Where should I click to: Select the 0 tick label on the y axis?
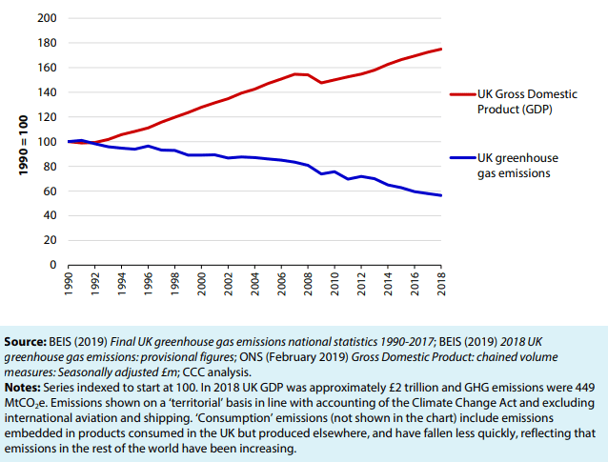click(54, 265)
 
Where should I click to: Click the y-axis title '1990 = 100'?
click(21, 142)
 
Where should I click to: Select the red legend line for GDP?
click(461, 95)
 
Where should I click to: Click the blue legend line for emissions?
click(461, 157)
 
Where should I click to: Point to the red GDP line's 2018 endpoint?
click(441, 49)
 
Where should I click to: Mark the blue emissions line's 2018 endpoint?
click(441, 195)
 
